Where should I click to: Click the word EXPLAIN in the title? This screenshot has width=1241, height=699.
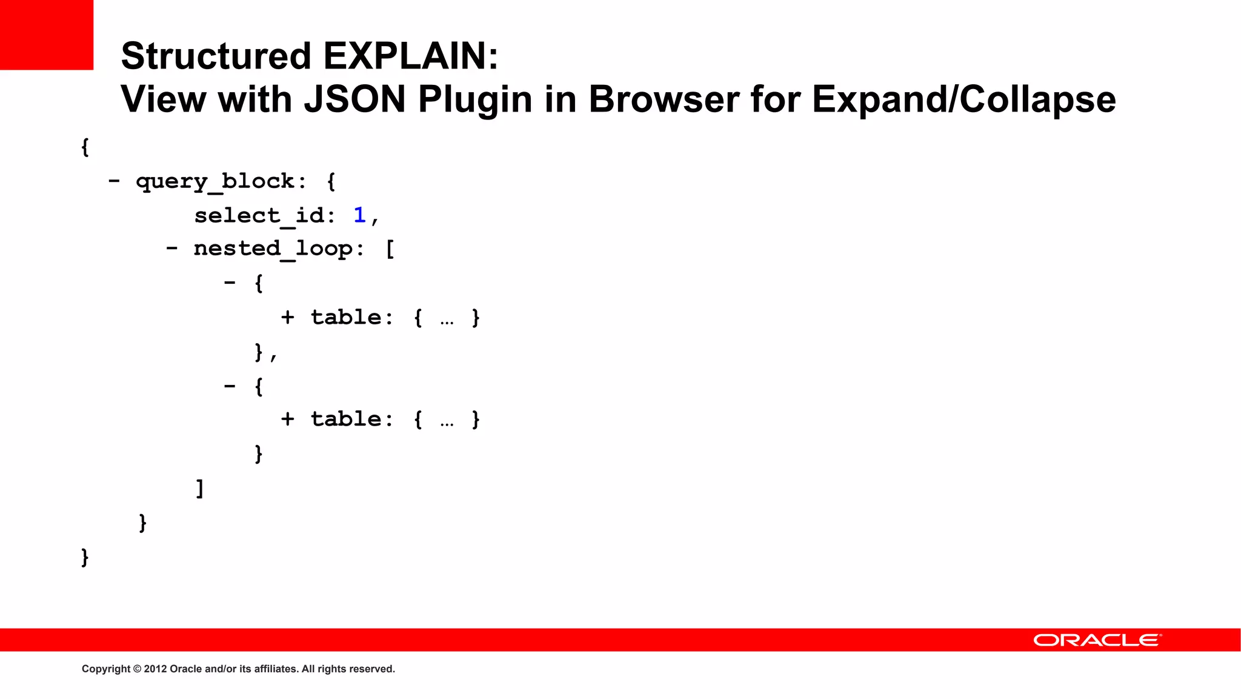tap(410, 56)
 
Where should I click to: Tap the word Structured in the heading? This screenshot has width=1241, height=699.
tap(216, 56)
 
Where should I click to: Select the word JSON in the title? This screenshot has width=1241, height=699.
tap(354, 99)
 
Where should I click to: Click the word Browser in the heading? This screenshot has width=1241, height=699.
tap(664, 99)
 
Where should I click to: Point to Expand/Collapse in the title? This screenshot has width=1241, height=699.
tap(963, 99)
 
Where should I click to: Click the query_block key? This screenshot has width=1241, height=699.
tap(215, 181)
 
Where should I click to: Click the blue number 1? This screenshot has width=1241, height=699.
tap(359, 215)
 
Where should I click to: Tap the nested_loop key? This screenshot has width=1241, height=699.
tap(273, 249)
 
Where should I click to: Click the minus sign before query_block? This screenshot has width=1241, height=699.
tap(114, 181)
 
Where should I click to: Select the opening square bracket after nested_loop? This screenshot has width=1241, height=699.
tap(390, 249)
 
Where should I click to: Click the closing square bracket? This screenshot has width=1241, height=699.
tap(200, 488)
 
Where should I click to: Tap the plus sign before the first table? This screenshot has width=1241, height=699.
tap(288, 317)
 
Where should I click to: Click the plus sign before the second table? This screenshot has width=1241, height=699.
tap(288, 419)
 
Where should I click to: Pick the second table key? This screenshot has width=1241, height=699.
tap(346, 419)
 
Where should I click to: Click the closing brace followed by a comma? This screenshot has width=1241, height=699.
tap(259, 352)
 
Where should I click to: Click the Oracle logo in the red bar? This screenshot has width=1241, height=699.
tap(1097, 640)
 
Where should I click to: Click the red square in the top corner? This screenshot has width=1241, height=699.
tap(47, 35)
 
